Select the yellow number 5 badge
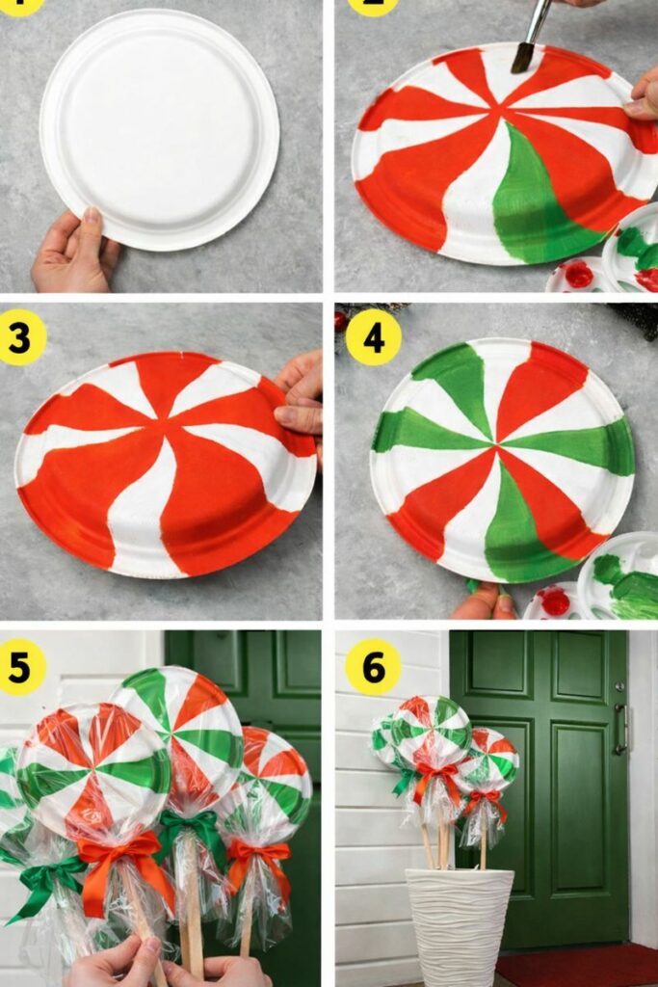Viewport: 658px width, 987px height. tap(22, 666)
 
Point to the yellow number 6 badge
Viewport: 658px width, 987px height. tap(373, 666)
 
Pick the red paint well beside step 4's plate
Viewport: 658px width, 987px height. tap(555, 601)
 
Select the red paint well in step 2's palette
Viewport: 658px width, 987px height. tap(578, 275)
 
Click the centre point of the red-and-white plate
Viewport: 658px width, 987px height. tap(167, 454)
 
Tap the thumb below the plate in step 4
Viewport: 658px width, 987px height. tap(482, 602)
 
